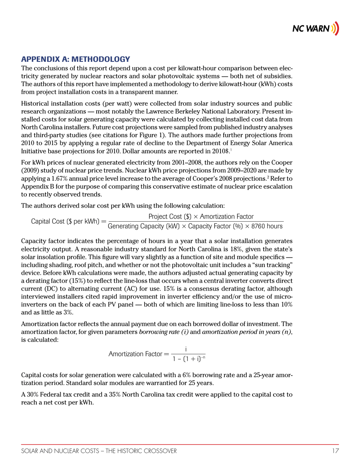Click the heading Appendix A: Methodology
click(76, 59)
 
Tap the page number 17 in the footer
click(335, 451)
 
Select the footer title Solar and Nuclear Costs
click(99, 451)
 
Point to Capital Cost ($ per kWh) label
click(66, 221)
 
